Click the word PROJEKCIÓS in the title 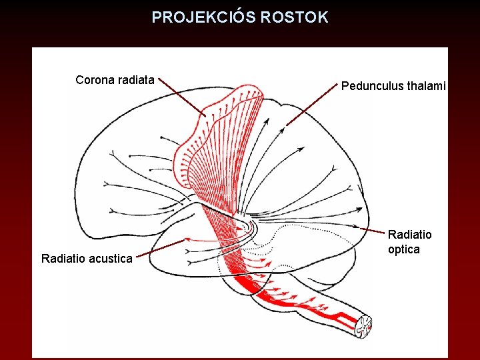(x=203, y=17)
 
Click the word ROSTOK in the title (x=295, y=17)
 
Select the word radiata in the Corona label (x=135, y=80)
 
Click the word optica (x=403, y=249)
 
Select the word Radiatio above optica (x=409, y=235)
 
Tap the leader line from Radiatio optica (x=373, y=230)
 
